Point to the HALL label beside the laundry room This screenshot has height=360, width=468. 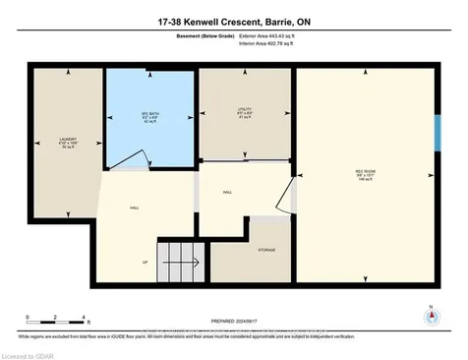[134, 209]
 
